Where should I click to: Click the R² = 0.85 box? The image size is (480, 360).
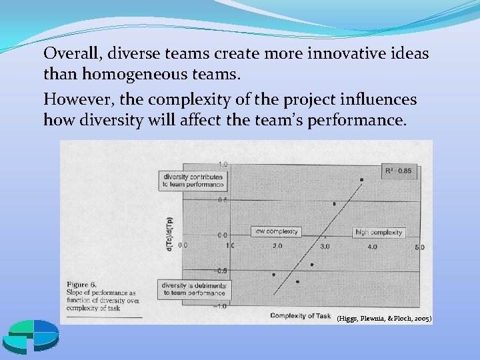[x=397, y=171]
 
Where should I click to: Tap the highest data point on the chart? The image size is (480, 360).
[x=361, y=179]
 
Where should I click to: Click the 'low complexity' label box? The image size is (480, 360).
[x=277, y=231]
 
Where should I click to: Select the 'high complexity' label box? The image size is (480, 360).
[x=379, y=232]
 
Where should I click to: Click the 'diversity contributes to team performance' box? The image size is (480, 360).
[x=192, y=180]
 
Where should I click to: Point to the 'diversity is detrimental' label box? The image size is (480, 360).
[x=192, y=289]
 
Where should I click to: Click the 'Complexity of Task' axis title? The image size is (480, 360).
[x=301, y=315]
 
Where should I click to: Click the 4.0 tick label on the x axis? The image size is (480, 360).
[x=372, y=246]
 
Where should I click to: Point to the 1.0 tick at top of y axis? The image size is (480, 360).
[x=222, y=164]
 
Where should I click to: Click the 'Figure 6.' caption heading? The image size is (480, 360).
[x=81, y=285]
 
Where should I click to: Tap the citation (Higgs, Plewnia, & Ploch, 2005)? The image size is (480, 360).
[x=384, y=319]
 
